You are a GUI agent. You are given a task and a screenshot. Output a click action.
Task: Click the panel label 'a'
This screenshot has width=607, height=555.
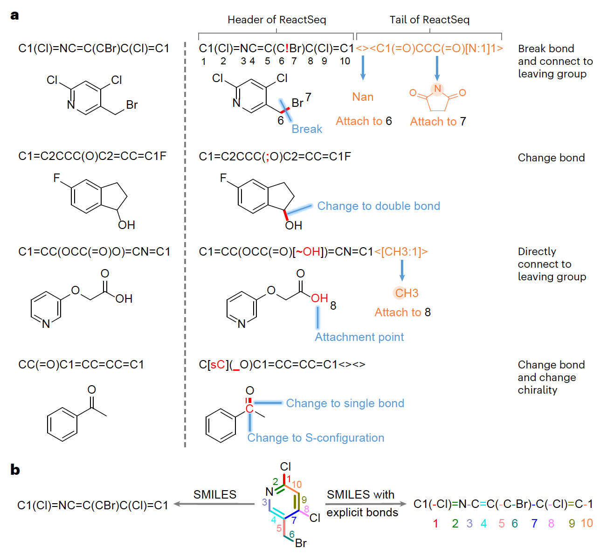(15, 15)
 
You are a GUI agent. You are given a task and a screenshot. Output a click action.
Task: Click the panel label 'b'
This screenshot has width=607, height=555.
(15, 470)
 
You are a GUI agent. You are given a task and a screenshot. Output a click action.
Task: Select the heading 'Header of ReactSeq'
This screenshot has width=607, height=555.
(276, 20)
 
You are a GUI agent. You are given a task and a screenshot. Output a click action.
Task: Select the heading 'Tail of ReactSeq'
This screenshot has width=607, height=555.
(429, 20)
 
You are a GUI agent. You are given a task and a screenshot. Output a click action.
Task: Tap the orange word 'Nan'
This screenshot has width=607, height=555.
(363, 97)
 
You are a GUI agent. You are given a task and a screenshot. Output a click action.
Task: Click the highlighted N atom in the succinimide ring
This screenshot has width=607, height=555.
(437, 89)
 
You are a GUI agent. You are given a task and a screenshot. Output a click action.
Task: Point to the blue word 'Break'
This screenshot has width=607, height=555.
(307, 129)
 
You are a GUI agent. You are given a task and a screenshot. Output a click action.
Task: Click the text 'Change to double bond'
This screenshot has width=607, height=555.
(379, 206)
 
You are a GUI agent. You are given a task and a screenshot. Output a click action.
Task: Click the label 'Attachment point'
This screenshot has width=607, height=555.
(359, 337)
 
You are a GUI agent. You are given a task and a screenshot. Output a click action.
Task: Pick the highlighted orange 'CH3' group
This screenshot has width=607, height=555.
(407, 293)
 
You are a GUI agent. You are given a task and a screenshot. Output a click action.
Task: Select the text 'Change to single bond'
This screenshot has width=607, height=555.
(345, 403)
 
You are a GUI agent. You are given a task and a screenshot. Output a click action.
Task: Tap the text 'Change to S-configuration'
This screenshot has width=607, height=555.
(316, 438)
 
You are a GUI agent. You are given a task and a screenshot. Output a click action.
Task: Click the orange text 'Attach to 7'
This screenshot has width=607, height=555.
(438, 122)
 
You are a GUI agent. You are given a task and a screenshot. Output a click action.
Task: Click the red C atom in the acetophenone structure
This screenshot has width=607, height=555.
(249, 409)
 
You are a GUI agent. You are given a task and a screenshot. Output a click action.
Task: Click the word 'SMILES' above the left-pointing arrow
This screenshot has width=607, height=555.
(215, 494)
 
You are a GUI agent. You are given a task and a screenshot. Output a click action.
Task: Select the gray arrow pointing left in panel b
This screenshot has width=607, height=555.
(214, 504)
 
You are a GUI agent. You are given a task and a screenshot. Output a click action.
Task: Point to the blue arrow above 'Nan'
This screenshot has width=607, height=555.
(363, 68)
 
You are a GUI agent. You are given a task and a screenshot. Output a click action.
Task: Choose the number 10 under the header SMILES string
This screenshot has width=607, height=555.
(345, 61)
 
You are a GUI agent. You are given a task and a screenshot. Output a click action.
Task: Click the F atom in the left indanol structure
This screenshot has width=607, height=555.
(57, 178)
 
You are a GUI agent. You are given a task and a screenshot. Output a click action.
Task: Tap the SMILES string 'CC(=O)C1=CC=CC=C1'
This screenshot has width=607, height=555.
(81, 364)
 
